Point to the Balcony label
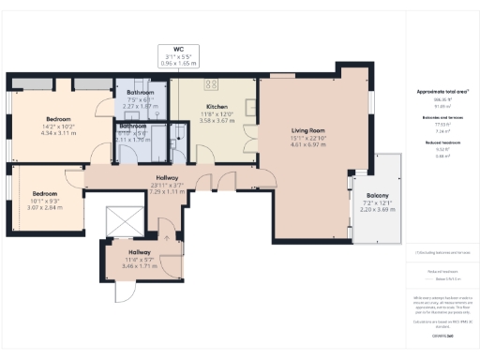(x=366, y=196)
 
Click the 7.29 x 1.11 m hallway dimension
(x=169, y=190)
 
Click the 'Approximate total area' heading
(x=442, y=92)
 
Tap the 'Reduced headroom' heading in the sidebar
(x=442, y=142)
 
